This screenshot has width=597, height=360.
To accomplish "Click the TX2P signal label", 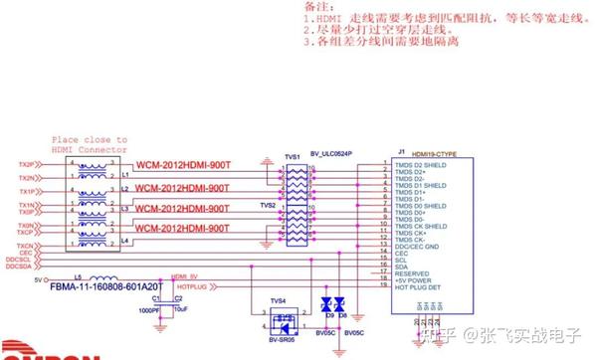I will (28, 164).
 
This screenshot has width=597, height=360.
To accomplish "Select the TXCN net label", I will (28, 244).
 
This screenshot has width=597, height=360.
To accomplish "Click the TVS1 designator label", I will (293, 157).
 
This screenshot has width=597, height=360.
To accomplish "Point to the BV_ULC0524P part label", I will (332, 154).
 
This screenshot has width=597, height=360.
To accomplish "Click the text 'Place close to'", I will (90, 140).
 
